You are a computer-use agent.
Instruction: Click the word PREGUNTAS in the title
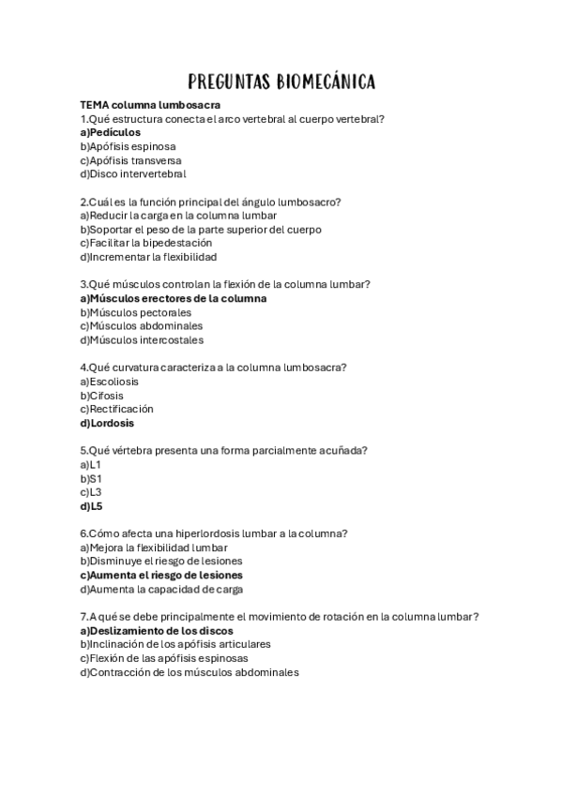point(228,82)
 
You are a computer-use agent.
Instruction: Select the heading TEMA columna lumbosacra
point(150,105)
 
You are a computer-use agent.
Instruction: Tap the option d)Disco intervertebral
point(132,173)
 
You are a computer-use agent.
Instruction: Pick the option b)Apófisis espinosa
point(128,146)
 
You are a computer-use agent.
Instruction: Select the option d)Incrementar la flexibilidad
point(148,257)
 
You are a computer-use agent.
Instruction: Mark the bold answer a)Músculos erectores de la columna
point(174,298)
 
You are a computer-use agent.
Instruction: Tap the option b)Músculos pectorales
point(135,312)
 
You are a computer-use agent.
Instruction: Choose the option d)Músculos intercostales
point(141,340)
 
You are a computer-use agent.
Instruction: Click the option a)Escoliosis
point(109,382)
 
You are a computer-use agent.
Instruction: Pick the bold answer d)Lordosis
point(107,423)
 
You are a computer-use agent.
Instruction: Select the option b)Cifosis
point(101,396)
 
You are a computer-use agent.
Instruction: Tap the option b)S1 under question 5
point(91,478)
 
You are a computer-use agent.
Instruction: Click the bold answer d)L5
point(91,506)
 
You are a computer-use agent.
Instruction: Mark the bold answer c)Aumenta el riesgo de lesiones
point(160,575)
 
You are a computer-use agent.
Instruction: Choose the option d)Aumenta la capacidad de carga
point(161,589)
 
